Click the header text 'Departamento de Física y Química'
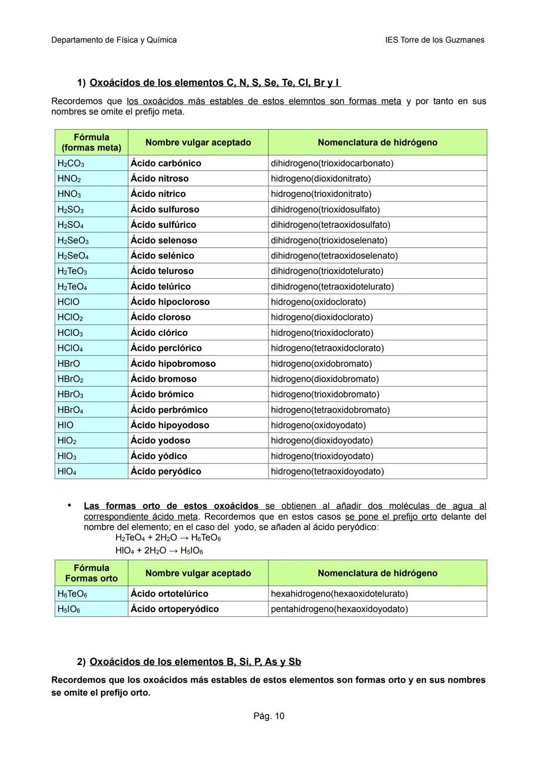114,40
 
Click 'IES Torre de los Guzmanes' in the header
434,40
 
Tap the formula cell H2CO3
71,163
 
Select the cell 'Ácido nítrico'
158,194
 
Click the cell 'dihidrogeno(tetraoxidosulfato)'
330,225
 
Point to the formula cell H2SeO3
73,241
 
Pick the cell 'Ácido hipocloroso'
170,302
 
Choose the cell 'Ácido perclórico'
166,348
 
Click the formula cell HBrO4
70,410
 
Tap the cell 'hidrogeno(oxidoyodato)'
318,425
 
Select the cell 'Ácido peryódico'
166,471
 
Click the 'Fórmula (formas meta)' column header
91,143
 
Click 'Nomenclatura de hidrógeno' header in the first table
377,143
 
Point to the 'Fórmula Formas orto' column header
91,573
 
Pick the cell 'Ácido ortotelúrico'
169,594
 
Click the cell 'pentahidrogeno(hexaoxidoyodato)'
339,609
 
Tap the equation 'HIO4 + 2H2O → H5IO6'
159,551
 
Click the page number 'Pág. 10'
269,716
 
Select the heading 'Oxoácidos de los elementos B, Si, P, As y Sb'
195,662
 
